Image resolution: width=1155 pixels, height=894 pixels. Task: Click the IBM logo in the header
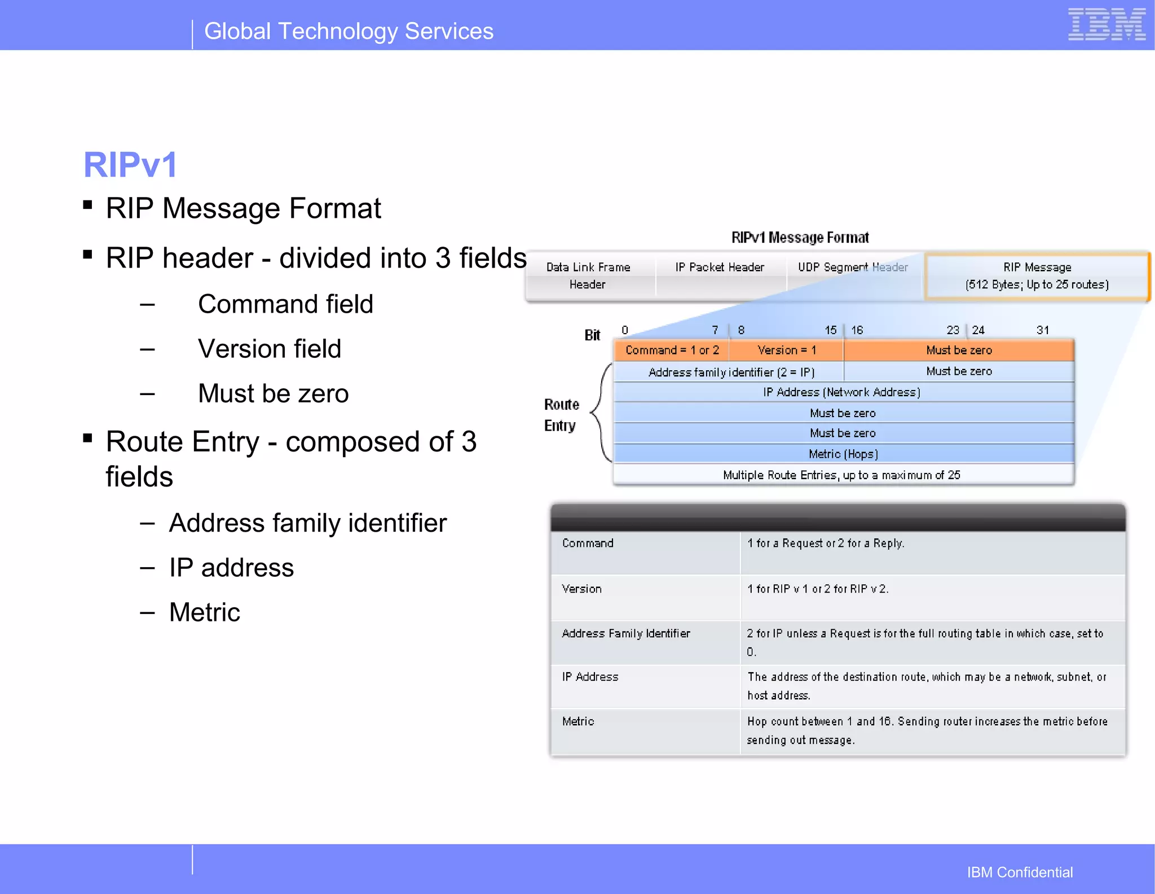[x=1106, y=25]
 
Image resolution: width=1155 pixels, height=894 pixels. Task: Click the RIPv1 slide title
[x=130, y=165]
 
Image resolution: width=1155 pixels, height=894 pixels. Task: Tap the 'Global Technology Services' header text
[x=349, y=32]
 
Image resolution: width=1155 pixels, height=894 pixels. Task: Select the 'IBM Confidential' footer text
[x=1020, y=872]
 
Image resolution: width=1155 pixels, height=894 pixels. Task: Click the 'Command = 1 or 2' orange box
[x=672, y=350]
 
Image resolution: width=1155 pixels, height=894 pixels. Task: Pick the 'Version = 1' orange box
[x=787, y=350]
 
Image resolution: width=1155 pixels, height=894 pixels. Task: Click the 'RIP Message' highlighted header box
[x=1037, y=275]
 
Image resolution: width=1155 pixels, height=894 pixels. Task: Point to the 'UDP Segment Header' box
[x=853, y=268]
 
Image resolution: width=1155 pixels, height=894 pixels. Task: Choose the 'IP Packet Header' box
[x=720, y=268]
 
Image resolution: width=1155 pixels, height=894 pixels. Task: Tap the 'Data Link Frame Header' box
[x=588, y=275]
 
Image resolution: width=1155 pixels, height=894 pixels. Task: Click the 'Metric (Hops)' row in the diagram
[x=843, y=454]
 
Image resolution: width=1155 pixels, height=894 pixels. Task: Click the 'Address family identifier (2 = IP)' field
[x=731, y=372]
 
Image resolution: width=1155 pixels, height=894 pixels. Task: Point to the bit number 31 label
[x=1042, y=330]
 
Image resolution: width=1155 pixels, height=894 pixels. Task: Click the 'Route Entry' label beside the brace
[x=561, y=415]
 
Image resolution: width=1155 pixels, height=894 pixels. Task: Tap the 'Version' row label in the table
[x=581, y=589]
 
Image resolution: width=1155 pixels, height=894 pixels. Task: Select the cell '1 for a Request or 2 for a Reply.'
[x=826, y=543]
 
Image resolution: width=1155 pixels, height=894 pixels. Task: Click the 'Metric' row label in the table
[x=578, y=721]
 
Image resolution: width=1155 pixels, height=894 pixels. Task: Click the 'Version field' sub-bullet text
[x=270, y=349]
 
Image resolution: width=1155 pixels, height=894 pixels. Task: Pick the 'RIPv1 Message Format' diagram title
[x=800, y=238]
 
